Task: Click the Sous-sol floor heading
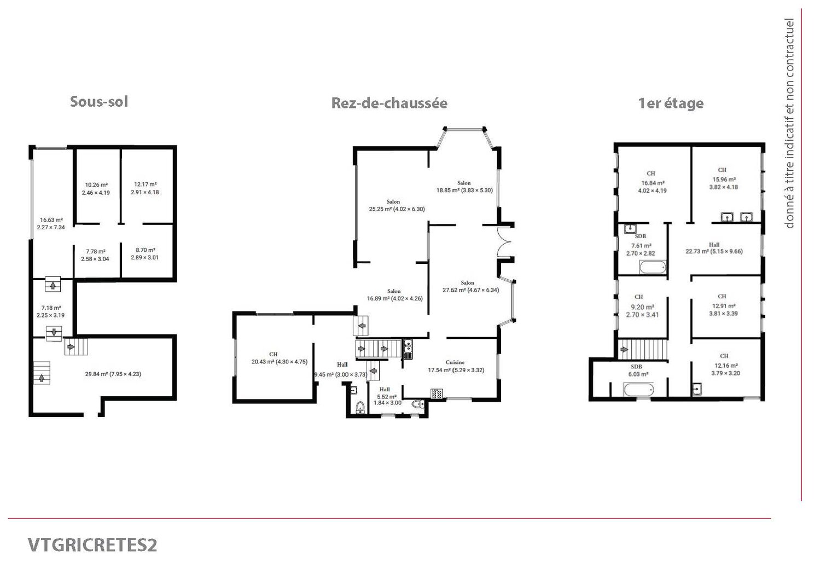click(99, 101)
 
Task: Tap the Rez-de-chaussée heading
click(389, 103)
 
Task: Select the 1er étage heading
click(671, 103)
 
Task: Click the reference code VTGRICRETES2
click(92, 545)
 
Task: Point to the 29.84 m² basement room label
click(113, 374)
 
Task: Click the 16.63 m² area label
click(51, 223)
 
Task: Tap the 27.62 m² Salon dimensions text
click(470, 290)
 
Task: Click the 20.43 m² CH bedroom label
click(279, 358)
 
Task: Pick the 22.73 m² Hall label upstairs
click(714, 248)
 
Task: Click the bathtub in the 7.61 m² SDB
click(652, 267)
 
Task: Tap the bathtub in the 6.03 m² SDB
click(638, 390)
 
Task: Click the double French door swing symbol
click(504, 242)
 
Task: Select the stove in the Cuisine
click(437, 394)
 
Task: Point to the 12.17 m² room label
click(145, 188)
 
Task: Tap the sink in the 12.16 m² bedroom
click(696, 389)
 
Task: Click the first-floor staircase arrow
click(624, 349)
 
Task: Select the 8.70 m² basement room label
click(145, 254)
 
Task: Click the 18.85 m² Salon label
click(464, 187)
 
